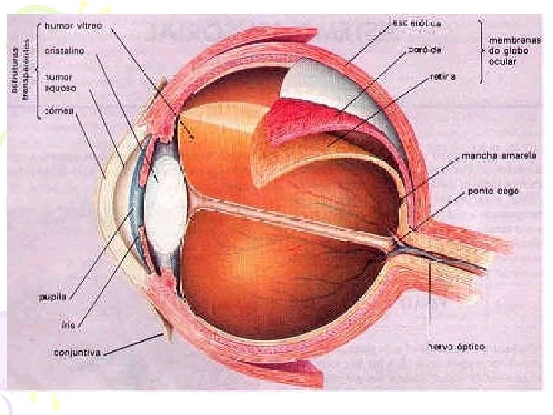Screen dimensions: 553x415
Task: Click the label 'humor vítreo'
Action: click(74, 25)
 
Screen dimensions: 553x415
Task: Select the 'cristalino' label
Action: click(65, 50)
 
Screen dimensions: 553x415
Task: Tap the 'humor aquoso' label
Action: click(58, 82)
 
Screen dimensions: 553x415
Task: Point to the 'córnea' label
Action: click(58, 111)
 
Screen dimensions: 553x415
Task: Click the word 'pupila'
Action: click(58, 295)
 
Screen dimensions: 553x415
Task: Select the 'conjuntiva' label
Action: click(78, 353)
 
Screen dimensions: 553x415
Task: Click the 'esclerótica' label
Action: click(417, 23)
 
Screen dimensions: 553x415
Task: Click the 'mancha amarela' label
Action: click(498, 156)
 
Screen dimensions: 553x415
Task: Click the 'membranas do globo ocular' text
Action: click(512, 51)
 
